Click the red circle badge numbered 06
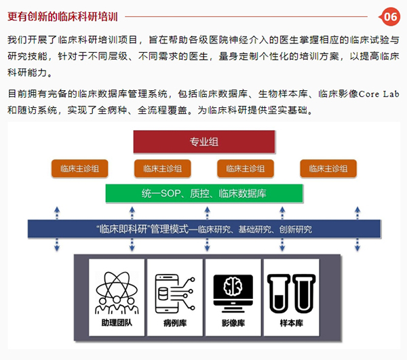[x=391, y=17]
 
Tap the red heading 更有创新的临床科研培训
[x=62, y=16]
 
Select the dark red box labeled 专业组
[x=204, y=142]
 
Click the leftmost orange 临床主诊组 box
[x=79, y=169]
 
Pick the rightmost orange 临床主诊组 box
[x=328, y=169]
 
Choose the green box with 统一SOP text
[x=204, y=193]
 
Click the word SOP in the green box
[x=170, y=193]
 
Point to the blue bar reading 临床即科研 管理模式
[x=204, y=228]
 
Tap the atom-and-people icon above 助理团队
[x=117, y=293]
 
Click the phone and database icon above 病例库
[x=175, y=294]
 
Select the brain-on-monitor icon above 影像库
[x=233, y=294]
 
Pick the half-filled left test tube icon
[x=279, y=294]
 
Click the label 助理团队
[x=117, y=323]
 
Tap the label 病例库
[x=175, y=323]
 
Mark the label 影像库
[x=233, y=323]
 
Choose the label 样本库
[x=292, y=323]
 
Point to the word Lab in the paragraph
[x=391, y=94]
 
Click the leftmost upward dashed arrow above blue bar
[x=57, y=213]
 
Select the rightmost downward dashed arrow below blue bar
[x=357, y=245]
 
